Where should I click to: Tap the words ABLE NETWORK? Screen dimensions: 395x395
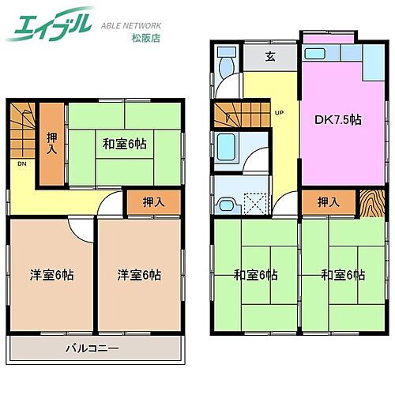tap(133, 24)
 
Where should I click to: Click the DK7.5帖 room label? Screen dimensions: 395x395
tap(339, 120)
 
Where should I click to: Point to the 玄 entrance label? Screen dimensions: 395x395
tap(269, 56)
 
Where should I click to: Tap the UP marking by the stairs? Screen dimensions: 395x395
tap(279, 112)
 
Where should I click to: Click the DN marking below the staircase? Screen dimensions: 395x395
tap(21, 164)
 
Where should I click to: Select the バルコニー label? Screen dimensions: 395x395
tap(92, 348)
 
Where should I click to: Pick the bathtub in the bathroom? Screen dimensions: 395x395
tap(230, 147)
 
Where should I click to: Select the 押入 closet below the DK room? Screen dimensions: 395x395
tap(328, 202)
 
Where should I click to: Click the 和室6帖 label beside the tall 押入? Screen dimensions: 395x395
tap(125, 145)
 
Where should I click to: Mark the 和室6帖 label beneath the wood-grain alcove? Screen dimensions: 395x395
tap(343, 275)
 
